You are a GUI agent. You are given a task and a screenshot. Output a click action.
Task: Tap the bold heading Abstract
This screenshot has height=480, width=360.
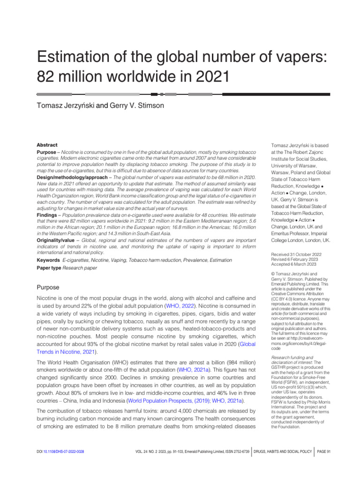47,145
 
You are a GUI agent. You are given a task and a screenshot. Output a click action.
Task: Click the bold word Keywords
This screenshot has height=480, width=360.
48,260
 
